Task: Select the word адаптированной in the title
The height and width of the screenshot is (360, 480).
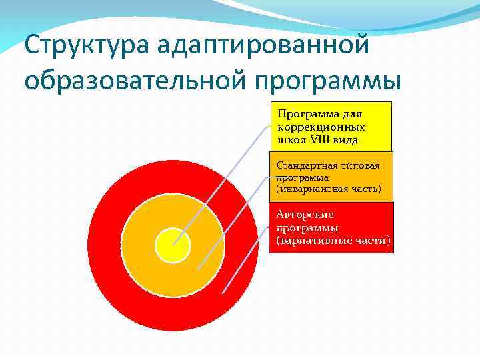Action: (x=263, y=47)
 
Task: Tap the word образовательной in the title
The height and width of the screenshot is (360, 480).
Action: (x=136, y=80)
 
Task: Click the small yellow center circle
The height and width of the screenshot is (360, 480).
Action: (x=173, y=244)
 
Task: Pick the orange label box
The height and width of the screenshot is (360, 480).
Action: (x=331, y=176)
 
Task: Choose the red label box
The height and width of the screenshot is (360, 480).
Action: (x=331, y=227)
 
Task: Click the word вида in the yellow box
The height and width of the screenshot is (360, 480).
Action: (x=347, y=140)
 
